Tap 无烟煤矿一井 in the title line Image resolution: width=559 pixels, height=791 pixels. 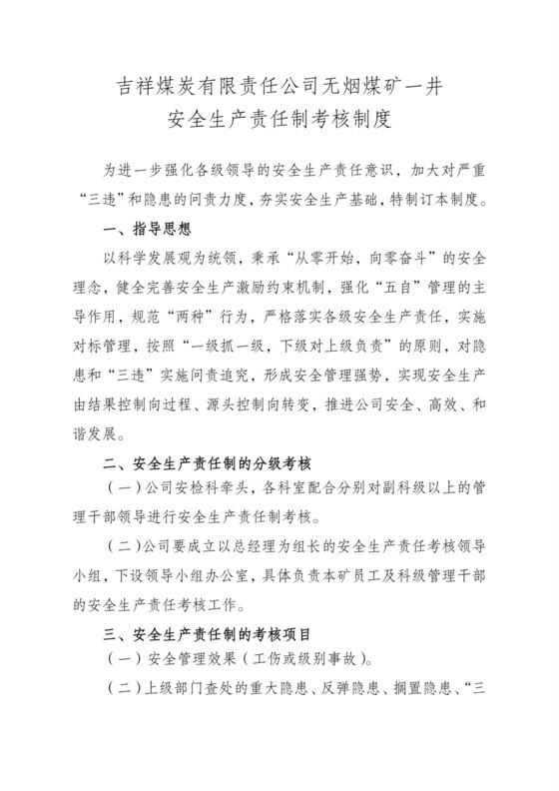point(380,87)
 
